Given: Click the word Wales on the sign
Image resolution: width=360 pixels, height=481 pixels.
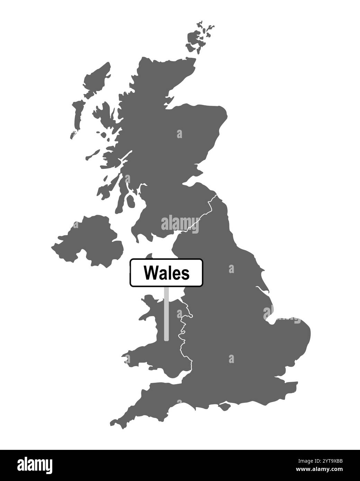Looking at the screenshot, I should click(x=166, y=273).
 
